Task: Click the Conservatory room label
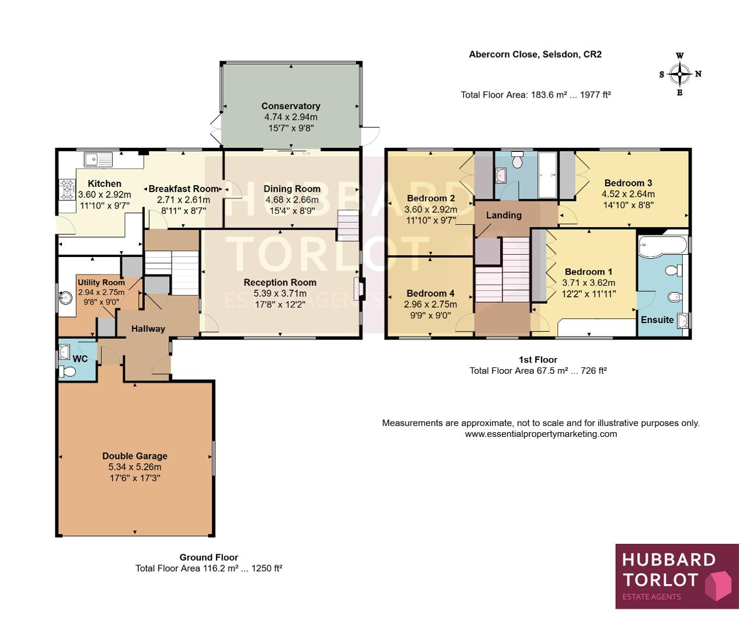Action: [291, 106]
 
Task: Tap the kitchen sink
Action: [98, 159]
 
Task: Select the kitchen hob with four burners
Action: [68, 189]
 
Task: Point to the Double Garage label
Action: [135, 456]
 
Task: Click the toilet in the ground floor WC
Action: [67, 372]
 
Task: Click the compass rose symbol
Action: [680, 74]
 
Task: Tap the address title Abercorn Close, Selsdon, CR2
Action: [535, 54]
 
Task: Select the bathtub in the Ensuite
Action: [663, 246]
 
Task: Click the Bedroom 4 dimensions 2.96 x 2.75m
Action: [430, 304]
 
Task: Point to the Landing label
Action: [504, 215]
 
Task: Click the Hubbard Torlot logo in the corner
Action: [677, 576]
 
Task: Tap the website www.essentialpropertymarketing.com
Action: [541, 434]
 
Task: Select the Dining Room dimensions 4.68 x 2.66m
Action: [292, 200]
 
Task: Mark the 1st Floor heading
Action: [538, 359]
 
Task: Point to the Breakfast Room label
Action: [183, 189]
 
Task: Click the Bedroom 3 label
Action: [628, 183]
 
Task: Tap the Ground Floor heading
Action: [208, 557]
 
